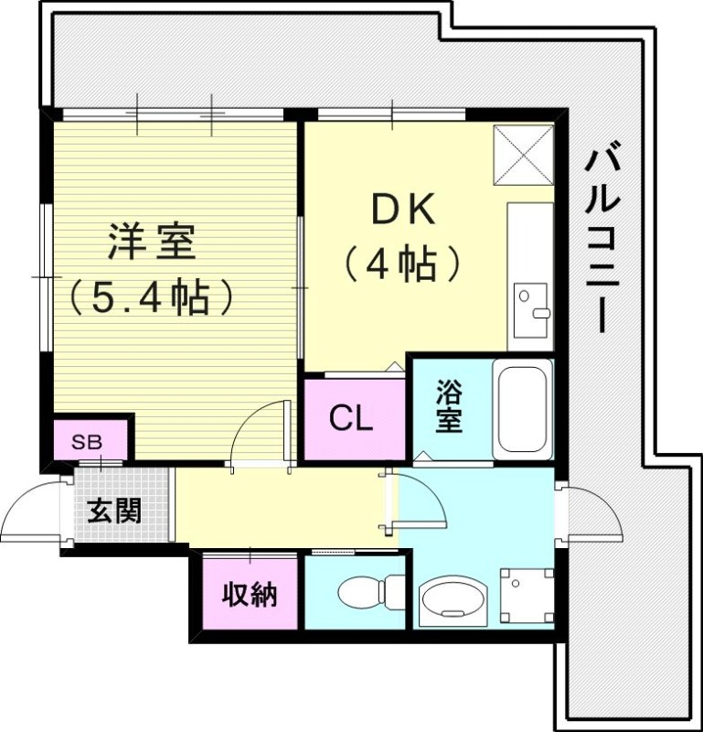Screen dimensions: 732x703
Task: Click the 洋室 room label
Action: [151, 243]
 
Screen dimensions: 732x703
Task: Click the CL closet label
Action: [351, 420]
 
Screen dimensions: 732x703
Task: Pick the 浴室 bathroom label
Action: [448, 406]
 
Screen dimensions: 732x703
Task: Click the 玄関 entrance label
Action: [114, 510]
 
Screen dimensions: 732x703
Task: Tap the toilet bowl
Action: [366, 592]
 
